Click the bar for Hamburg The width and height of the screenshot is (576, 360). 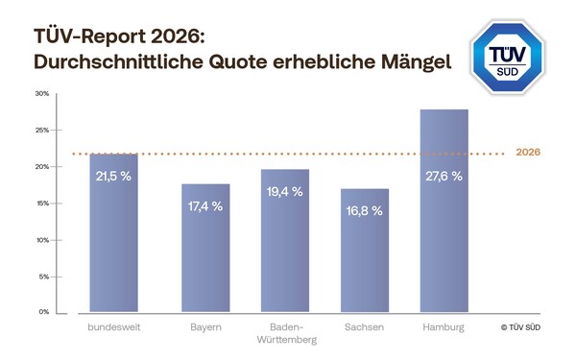[444, 211]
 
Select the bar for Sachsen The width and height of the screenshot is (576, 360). [365, 251]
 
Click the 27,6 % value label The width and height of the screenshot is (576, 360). [444, 176]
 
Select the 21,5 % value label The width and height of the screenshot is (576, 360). [113, 177]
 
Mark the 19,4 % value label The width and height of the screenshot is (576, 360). [284, 192]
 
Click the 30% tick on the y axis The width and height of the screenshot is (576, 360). [42, 93]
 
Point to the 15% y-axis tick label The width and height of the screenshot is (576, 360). [42, 203]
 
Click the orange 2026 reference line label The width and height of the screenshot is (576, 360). [529, 153]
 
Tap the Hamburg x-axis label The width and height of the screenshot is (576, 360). [444, 327]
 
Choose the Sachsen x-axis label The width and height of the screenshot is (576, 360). [365, 327]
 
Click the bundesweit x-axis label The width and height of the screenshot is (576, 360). [113, 327]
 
